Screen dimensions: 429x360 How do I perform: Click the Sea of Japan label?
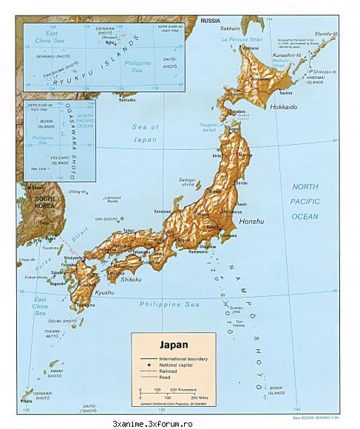146,133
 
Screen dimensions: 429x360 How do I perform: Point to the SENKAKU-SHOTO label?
48,56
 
